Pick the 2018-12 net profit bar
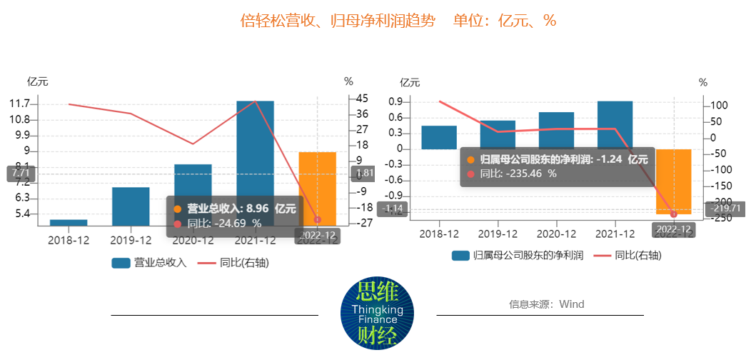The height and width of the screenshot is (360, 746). (x=439, y=137)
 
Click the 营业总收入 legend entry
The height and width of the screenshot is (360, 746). (x=149, y=263)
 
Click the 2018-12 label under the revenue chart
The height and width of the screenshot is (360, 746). (x=69, y=240)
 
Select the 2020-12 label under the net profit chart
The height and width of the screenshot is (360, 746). (x=556, y=233)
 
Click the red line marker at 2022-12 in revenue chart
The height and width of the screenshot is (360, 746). (x=318, y=220)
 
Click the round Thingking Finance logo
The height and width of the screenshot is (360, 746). (x=377, y=315)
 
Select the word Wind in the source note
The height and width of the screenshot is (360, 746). (x=572, y=304)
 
